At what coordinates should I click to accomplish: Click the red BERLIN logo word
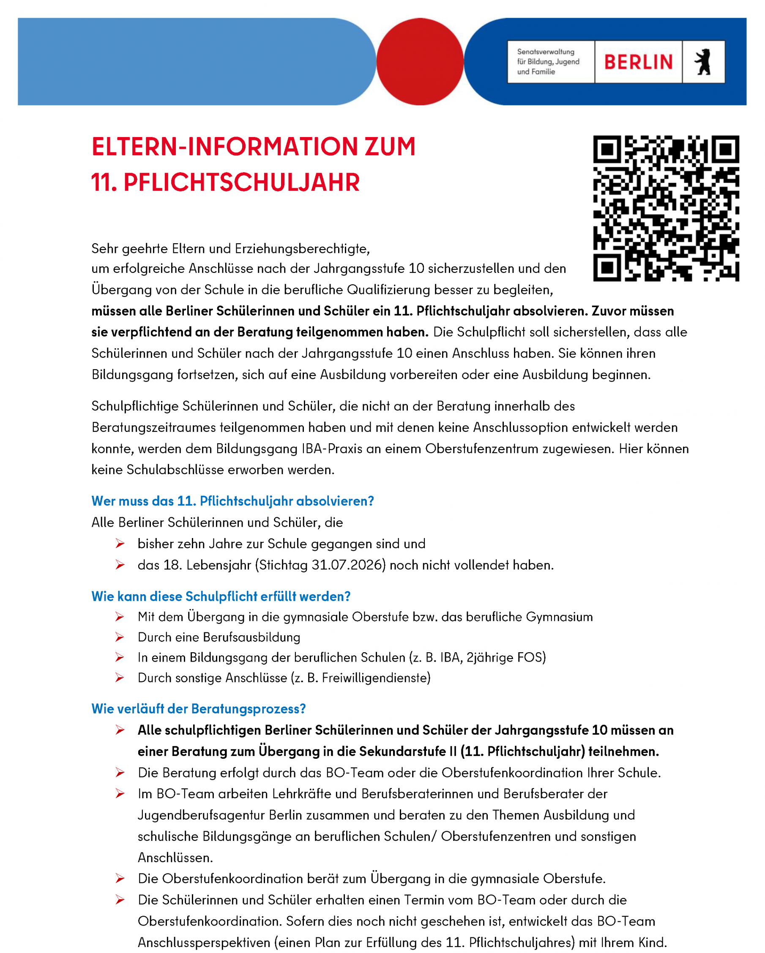[638, 62]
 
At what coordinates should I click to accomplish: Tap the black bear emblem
[703, 62]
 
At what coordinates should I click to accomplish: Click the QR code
[666, 208]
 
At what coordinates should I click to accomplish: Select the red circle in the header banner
[420, 61]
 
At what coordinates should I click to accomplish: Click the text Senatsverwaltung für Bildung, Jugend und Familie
[548, 62]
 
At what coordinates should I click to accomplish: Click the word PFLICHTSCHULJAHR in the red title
[242, 183]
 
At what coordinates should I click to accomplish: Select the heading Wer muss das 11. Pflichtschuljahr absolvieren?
[232, 501]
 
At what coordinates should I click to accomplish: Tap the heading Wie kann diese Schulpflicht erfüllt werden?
[221, 596]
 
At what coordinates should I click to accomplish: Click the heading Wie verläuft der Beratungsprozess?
[198, 709]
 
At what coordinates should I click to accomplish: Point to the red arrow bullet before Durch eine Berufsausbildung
[119, 637]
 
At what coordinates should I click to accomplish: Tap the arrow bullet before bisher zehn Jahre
[119, 544]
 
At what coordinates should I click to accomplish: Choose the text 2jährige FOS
[505, 658]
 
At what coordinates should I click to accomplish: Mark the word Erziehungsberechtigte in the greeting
[302, 249]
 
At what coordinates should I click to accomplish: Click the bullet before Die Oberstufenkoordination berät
[119, 879]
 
